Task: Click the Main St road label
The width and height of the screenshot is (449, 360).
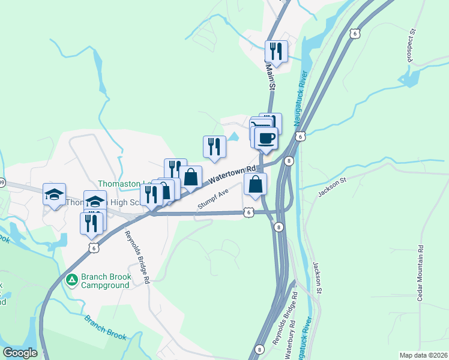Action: pos(271,79)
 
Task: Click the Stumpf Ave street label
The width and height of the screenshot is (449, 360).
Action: pos(214,200)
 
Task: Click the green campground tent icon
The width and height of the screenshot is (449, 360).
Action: pos(72,280)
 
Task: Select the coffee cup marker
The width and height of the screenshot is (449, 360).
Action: pos(266,138)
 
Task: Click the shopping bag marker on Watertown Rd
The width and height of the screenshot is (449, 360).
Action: pos(190,178)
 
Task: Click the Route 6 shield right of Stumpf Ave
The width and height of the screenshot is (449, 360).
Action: pos(249,212)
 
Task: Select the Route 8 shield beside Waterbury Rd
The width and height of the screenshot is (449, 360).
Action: pos(259,349)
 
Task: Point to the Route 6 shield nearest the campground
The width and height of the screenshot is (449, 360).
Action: pos(91,247)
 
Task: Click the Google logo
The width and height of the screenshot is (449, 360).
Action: pos(20,353)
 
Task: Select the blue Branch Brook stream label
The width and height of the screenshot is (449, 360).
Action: pos(105,328)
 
